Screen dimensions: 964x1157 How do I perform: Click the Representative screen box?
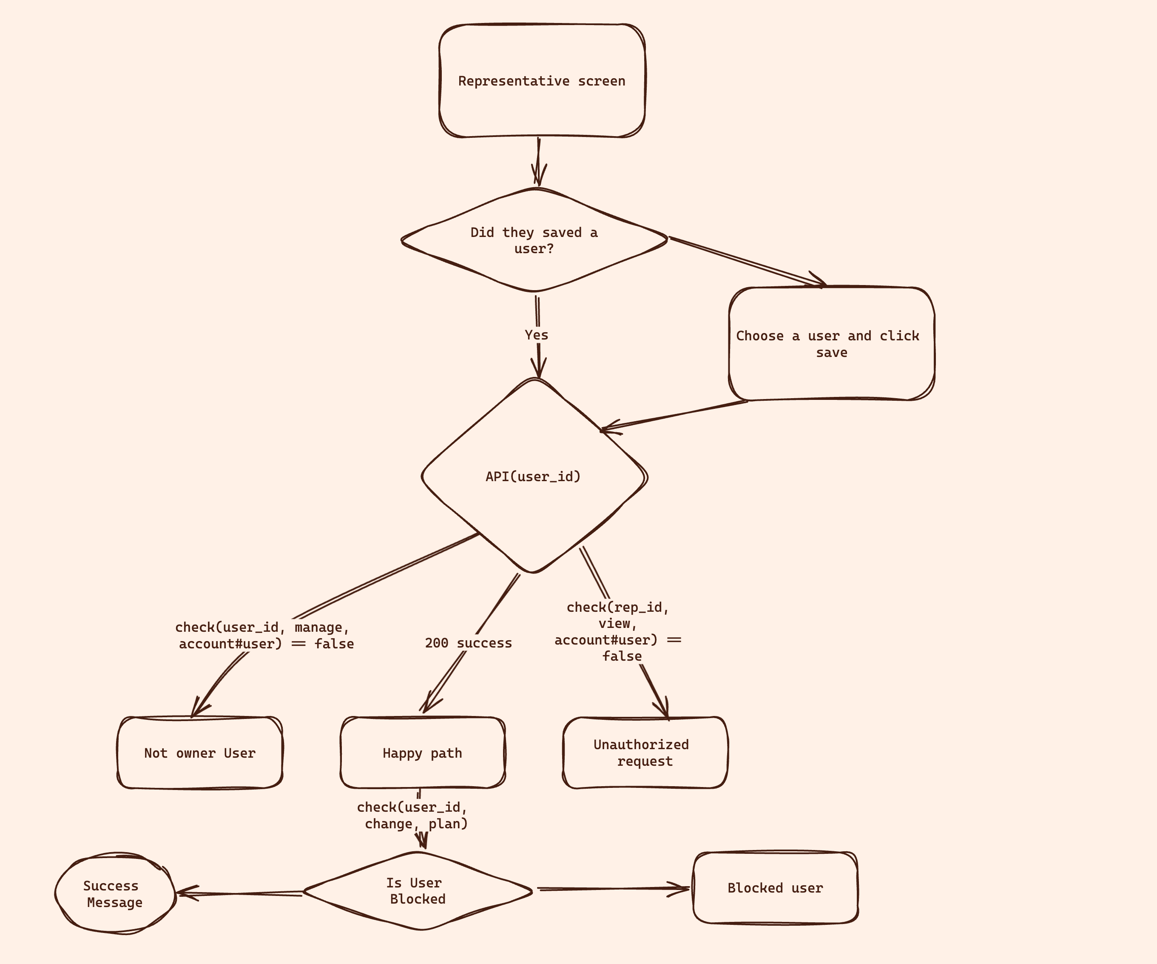tap(542, 81)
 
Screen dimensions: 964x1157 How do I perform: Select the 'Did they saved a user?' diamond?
tap(534, 240)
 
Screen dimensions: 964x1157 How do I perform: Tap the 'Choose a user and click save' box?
tap(831, 344)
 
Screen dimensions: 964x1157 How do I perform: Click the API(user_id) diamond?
tap(533, 476)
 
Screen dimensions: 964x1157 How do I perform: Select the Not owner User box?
tap(199, 753)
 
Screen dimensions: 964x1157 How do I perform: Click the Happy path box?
tap(422, 753)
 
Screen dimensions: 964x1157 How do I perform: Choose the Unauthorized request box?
tap(644, 753)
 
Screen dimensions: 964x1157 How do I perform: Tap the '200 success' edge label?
tap(468, 643)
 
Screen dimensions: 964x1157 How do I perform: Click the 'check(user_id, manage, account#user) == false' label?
tap(264, 636)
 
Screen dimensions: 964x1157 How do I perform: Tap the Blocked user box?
tap(775, 888)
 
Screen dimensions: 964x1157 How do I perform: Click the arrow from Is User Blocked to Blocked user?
tap(611, 889)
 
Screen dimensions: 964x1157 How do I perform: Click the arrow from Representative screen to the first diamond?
tap(538, 161)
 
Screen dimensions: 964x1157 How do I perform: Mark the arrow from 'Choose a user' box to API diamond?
tap(675, 416)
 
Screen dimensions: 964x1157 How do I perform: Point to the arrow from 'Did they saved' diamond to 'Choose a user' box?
tap(747, 262)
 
